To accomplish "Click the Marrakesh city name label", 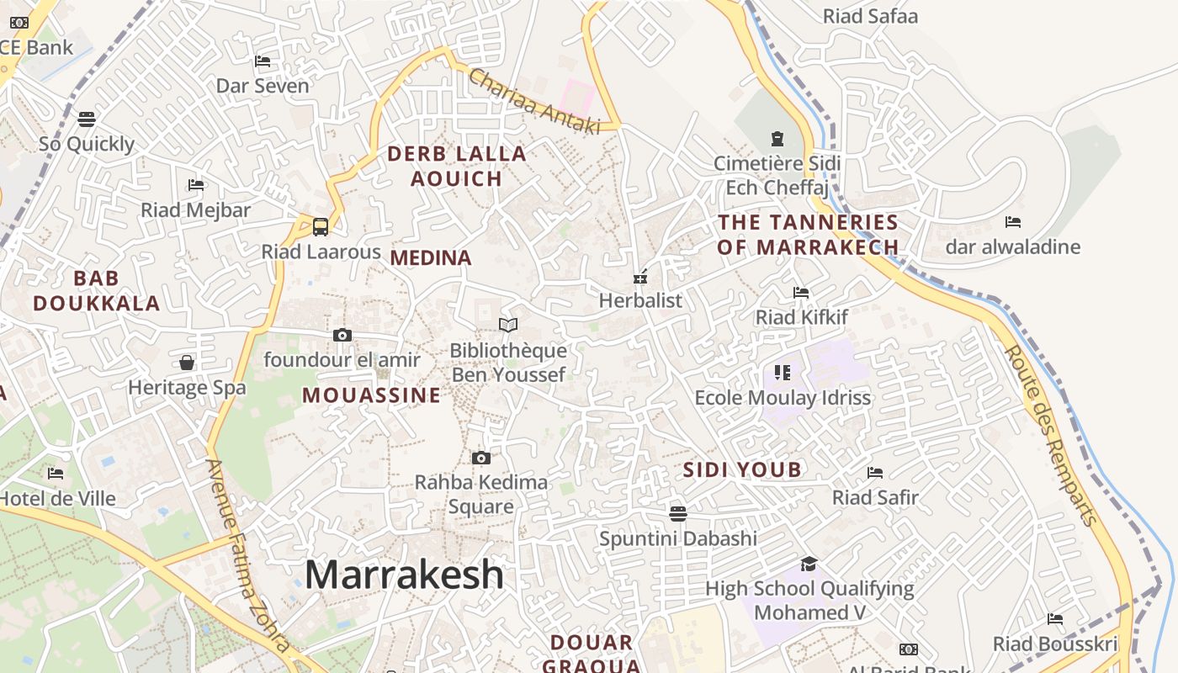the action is coord(404,575).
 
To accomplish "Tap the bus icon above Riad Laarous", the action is coord(321,226).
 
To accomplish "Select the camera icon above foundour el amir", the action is coord(342,335).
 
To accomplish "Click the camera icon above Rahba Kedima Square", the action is coord(481,458).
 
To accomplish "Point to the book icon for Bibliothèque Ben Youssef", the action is coord(508,325).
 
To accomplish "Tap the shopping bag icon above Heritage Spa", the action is coord(187,363).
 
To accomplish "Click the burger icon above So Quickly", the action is coord(87,119).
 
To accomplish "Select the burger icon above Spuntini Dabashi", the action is coord(678,513).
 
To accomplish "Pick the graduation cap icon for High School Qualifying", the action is coord(809,564).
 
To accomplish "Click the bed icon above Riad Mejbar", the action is coord(196,185).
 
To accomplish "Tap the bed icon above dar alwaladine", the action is coord(1013,222).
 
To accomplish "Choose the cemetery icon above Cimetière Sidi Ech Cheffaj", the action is coord(777,138).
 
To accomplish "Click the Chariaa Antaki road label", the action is coord(534,102).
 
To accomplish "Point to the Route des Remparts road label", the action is coord(1052,435).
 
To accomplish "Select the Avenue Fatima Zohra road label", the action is coord(249,556).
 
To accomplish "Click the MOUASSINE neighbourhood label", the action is coord(371,395).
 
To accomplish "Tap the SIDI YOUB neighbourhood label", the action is coord(742,469).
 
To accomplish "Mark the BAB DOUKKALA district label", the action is coord(97,291).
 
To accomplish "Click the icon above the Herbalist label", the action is coord(640,276).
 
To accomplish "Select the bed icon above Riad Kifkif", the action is coord(801,293).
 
